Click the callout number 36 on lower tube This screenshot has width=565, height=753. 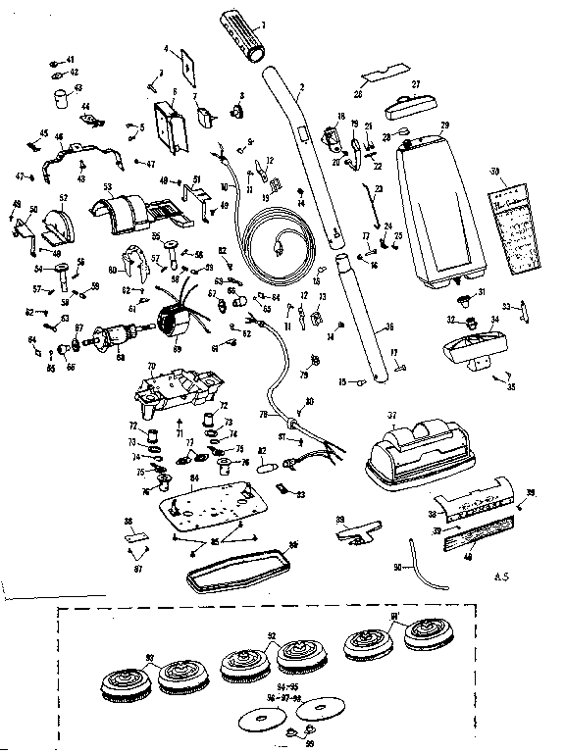pyautogui.click(x=390, y=327)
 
